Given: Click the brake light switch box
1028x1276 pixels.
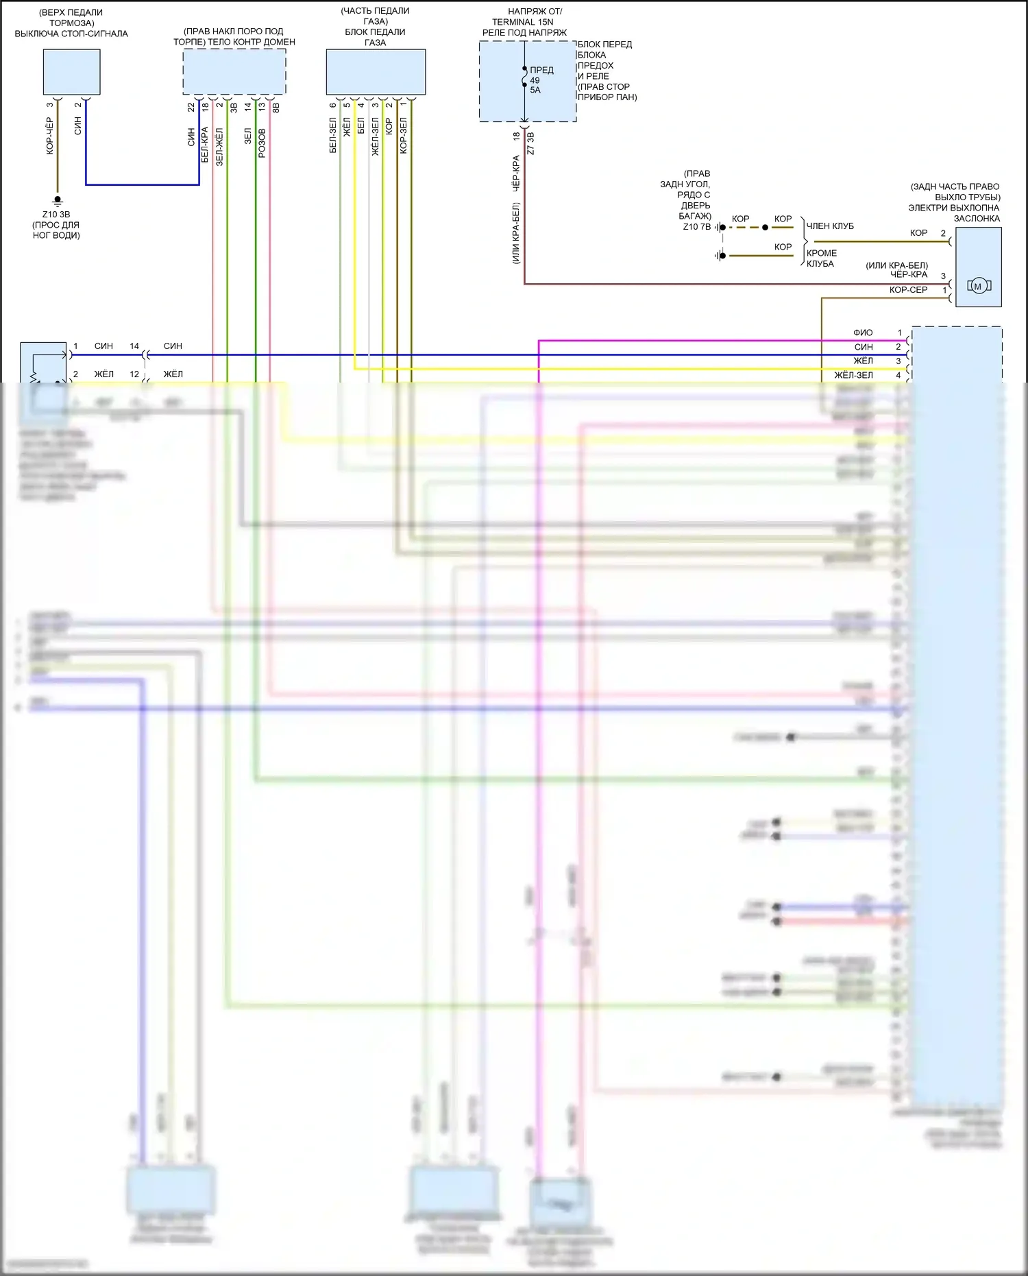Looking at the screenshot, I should tap(71, 72).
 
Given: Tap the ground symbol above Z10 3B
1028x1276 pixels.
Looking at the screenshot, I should tap(58, 200).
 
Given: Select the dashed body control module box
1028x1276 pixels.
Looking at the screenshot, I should tap(234, 72).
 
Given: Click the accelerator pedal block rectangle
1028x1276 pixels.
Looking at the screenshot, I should tap(376, 72).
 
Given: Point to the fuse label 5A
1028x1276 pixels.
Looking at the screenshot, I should tap(535, 90).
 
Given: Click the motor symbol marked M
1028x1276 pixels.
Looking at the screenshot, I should tap(978, 286).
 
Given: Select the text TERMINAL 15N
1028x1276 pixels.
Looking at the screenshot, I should tap(522, 22).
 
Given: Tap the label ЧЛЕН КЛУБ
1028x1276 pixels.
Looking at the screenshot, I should tap(830, 226).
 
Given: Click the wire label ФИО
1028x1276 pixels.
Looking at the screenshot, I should tap(863, 333).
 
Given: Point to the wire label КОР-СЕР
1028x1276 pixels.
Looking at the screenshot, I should tap(908, 290).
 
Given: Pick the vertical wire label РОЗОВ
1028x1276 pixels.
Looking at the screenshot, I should tap(262, 143).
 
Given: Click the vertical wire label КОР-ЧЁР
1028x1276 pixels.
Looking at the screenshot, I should tap(50, 135).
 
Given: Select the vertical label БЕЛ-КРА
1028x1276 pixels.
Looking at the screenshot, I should tap(205, 144).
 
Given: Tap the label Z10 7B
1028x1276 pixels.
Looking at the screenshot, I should tap(696, 227).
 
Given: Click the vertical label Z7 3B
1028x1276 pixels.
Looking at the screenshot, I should tap(530, 143).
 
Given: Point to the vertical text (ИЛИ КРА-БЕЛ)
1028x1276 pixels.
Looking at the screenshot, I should tap(516, 233).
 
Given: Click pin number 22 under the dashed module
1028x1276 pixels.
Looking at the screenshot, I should tap(191, 108).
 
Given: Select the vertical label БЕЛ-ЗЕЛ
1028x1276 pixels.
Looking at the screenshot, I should tap(333, 135).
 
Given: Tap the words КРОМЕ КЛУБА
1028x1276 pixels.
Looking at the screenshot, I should tap(821, 258).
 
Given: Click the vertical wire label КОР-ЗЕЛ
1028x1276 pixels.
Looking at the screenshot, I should tap(404, 135).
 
